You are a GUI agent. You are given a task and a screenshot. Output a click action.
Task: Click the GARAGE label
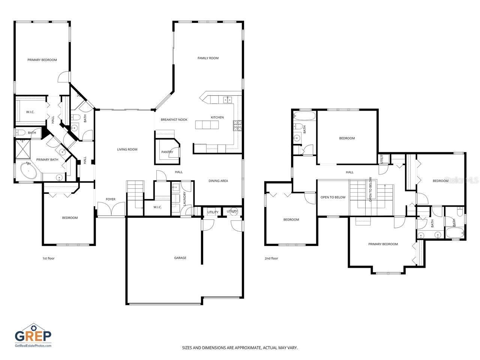point(180,258)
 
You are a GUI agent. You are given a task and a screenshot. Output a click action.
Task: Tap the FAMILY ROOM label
point(208,58)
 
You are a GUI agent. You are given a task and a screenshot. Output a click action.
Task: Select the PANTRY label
point(167,152)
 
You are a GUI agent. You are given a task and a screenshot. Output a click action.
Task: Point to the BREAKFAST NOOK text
point(174,120)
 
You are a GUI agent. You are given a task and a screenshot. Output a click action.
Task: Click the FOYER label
point(110,199)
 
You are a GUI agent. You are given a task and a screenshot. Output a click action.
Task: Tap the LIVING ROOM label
point(127,150)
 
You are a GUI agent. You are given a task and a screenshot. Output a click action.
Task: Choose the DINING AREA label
point(218,181)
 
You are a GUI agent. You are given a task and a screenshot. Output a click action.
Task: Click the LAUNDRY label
point(184,198)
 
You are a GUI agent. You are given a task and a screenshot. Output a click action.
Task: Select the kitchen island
point(207,125)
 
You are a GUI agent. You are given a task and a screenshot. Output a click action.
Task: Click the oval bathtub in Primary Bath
point(28,171)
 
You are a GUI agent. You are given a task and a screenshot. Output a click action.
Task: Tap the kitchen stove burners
point(237,126)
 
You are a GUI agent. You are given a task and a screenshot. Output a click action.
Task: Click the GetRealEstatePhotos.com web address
point(33,346)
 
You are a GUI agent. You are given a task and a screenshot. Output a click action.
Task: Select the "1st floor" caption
point(48,258)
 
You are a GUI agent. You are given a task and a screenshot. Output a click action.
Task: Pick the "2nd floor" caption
point(271,258)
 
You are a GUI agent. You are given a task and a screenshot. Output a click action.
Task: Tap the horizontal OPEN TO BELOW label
point(333,197)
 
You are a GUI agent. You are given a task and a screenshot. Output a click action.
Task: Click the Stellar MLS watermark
point(461,180)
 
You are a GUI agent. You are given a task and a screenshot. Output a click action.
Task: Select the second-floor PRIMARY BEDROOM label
point(383,244)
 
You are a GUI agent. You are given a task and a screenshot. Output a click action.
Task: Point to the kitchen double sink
point(227,100)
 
